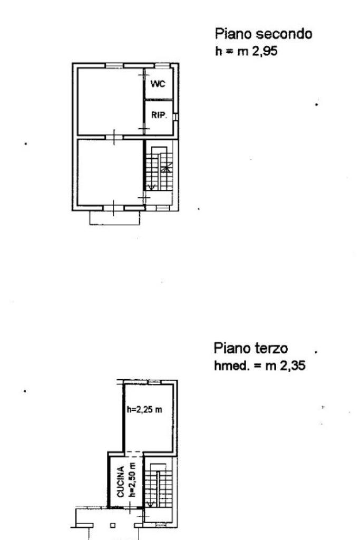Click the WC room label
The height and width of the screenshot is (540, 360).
[158, 84]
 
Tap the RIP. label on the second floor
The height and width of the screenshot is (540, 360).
[159, 115]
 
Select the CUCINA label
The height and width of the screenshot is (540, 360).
[121, 482]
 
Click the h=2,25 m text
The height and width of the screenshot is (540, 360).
[144, 409]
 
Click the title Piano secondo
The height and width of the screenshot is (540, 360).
[264, 34]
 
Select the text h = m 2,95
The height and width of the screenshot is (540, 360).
[247, 51]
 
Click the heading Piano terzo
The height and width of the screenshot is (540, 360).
[250, 348]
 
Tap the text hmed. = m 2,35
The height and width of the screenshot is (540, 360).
[259, 365]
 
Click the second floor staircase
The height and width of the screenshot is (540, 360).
[159, 169]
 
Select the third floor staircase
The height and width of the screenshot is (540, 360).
[158, 485]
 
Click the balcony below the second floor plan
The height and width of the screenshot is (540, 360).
[114, 218]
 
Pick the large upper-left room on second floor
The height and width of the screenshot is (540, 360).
[110, 102]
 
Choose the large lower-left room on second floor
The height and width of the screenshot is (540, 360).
[110, 172]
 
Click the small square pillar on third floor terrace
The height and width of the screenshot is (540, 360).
[113, 526]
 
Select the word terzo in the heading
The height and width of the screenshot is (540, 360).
[271, 348]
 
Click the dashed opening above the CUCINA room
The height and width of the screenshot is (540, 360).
[133, 454]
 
